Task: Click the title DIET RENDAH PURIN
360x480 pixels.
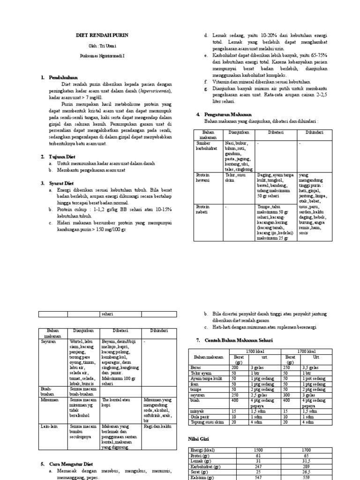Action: click(102, 35)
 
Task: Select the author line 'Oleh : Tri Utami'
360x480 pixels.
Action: click(102, 45)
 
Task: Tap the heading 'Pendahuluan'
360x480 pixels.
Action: click(63, 77)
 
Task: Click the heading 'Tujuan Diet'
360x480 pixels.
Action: click(63, 156)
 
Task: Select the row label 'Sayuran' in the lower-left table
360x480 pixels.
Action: click(49, 342)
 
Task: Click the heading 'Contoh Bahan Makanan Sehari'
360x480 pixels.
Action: click(239, 340)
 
